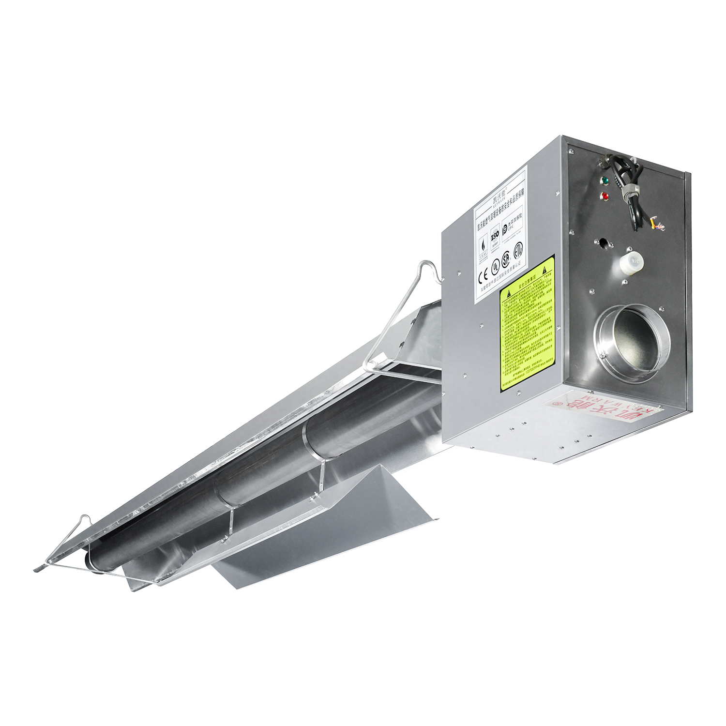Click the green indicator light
[x=604, y=181]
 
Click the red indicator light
[x=604, y=196]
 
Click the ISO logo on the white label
[x=495, y=237]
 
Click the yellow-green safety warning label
[x=527, y=324]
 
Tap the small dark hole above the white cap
[x=603, y=242]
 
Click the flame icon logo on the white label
[x=483, y=244]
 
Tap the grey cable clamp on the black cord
[x=629, y=191]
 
